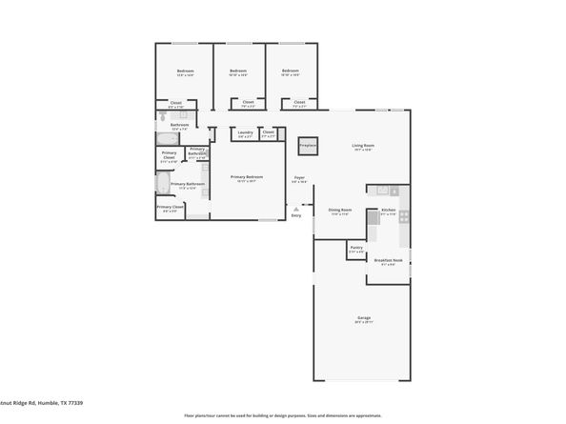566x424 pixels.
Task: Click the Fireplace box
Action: coord(307,146)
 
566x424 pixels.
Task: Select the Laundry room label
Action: coord(245,132)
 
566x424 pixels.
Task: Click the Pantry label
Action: coord(355,248)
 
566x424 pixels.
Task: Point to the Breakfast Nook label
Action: coord(388,260)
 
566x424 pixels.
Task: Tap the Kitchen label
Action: coord(388,210)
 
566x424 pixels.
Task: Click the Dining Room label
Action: coord(340,211)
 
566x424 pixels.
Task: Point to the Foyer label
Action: coord(298,177)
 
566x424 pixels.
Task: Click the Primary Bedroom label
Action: coord(247,177)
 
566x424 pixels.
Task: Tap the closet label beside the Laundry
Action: coord(269,132)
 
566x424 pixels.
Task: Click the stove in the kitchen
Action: coord(403,216)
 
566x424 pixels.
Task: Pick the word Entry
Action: coord(296,215)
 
